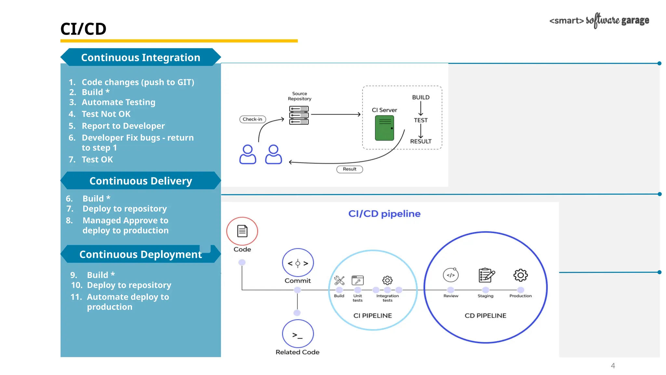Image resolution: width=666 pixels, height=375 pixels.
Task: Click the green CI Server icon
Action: [384, 128]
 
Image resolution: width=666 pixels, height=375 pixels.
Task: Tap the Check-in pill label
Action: [252, 119]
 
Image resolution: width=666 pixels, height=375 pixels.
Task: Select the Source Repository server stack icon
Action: [299, 115]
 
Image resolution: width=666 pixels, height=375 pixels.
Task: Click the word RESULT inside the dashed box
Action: [420, 141]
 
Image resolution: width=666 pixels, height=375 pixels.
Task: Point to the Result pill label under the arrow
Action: [350, 169]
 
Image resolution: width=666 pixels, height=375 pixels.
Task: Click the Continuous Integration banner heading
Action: [140, 57]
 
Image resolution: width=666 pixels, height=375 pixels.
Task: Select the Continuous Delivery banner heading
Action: [140, 181]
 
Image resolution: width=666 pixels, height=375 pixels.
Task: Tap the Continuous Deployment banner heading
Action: [140, 254]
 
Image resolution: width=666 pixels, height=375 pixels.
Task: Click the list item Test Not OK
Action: [106, 114]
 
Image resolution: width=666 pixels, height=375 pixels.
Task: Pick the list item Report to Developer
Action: [123, 126]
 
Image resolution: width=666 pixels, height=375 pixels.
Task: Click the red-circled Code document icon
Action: [242, 231]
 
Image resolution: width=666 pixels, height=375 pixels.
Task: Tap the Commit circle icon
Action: [298, 263]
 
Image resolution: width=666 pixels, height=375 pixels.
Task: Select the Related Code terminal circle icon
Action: [298, 334]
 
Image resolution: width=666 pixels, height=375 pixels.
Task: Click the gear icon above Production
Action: [520, 275]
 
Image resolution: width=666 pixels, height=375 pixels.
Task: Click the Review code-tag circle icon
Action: [451, 275]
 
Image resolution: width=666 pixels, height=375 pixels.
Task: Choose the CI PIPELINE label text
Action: [372, 315]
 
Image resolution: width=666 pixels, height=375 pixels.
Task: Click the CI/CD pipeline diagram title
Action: [384, 214]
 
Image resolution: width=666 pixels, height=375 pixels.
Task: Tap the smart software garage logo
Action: [599, 21]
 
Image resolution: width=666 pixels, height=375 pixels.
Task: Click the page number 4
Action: [613, 366]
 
